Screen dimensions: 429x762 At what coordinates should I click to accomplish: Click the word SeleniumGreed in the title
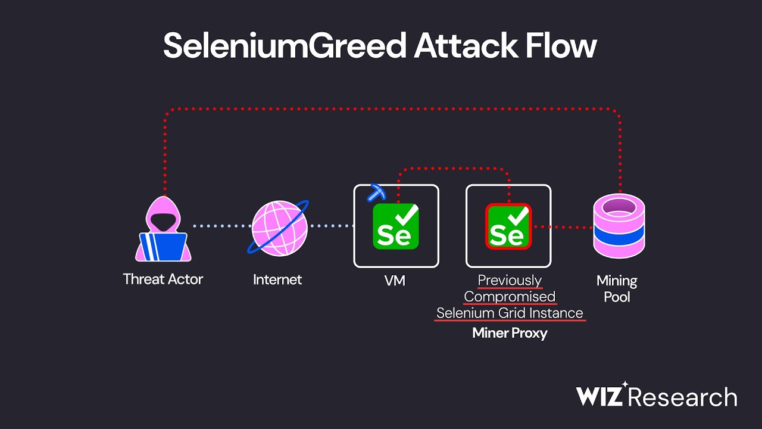click(285, 46)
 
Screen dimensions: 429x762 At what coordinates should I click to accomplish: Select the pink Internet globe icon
click(279, 227)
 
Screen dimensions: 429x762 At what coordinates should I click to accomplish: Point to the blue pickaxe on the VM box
click(376, 192)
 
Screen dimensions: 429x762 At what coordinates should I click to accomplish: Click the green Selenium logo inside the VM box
click(396, 226)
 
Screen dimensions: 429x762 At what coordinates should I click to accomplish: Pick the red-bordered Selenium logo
click(508, 226)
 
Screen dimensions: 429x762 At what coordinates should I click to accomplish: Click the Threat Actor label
click(163, 279)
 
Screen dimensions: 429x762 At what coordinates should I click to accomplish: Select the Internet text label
click(277, 279)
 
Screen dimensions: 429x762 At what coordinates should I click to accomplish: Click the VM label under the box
click(395, 280)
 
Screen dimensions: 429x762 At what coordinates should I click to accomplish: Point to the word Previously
click(510, 280)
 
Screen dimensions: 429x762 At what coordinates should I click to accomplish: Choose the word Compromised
click(510, 296)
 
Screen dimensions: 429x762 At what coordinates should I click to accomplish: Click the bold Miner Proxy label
click(510, 333)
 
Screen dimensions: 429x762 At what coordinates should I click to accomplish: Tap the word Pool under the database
click(617, 296)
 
